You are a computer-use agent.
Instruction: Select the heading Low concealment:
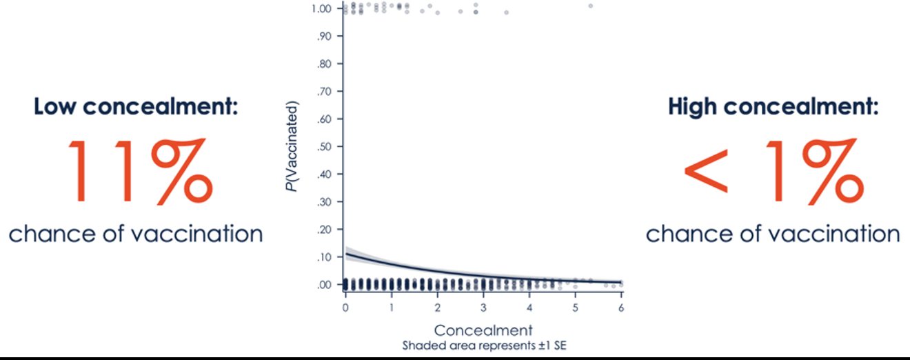(136, 107)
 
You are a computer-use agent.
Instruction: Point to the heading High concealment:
(773, 107)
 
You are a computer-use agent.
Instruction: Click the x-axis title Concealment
(483, 329)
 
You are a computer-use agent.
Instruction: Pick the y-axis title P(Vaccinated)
(293, 146)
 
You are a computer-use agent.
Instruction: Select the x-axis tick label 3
(483, 307)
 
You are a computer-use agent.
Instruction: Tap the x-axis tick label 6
(621, 307)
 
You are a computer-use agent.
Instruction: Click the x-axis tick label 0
(345, 307)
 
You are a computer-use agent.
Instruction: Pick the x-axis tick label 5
(575, 307)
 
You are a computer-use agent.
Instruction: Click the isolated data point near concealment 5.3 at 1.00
(590, 6)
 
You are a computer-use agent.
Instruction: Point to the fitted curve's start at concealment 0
(346, 254)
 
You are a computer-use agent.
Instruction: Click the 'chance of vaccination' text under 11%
(136, 234)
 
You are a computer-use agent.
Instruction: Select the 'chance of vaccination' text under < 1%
(773, 234)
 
